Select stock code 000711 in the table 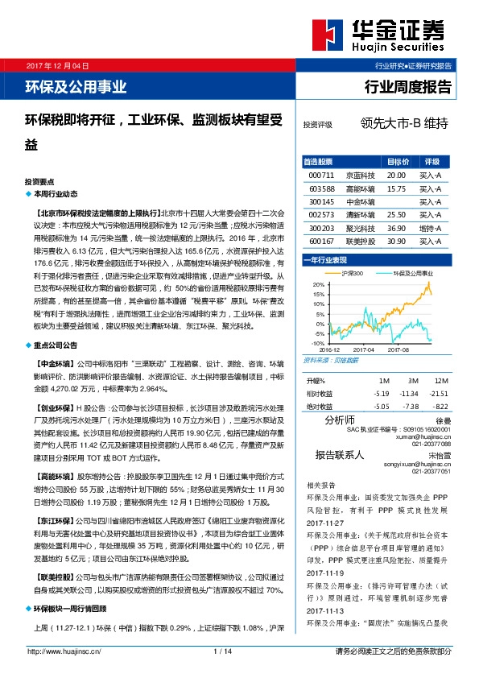point(320,175)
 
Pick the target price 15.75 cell point(396,188)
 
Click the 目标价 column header point(398,161)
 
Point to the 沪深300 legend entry point(351,274)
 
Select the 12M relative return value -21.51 point(438,393)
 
